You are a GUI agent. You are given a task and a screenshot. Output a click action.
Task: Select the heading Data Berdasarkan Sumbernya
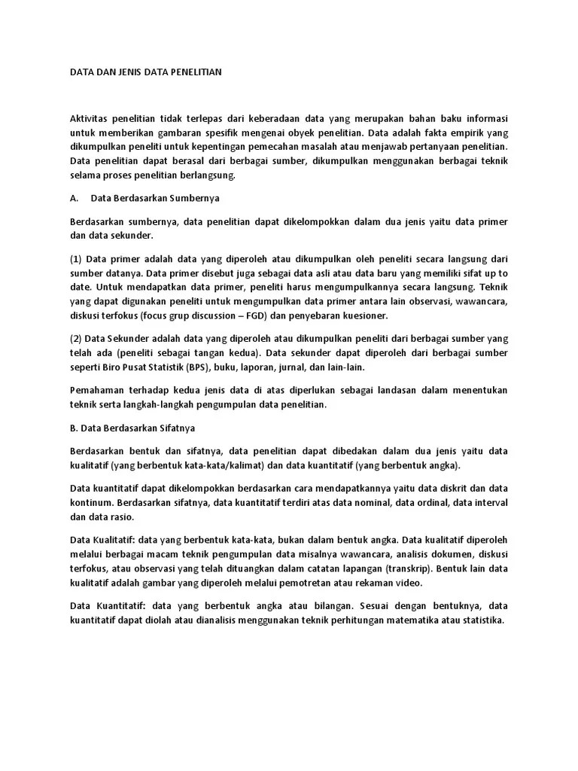coord(154,199)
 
